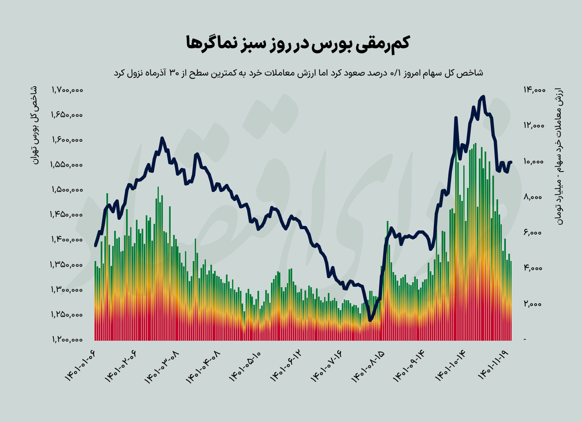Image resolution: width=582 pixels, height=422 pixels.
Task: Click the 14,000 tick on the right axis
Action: [533, 90]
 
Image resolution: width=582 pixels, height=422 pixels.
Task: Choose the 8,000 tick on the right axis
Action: [534, 197]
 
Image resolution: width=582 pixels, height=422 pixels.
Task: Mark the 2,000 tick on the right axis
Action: [534, 304]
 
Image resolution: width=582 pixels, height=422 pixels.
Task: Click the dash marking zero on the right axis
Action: [526, 340]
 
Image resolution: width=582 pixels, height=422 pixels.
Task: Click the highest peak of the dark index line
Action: [482, 97]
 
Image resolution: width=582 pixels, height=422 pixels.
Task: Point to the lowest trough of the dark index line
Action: [370, 320]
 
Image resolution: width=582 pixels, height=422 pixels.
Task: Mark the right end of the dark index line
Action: [511, 162]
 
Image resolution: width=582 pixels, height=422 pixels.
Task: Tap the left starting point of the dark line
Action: [95, 245]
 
